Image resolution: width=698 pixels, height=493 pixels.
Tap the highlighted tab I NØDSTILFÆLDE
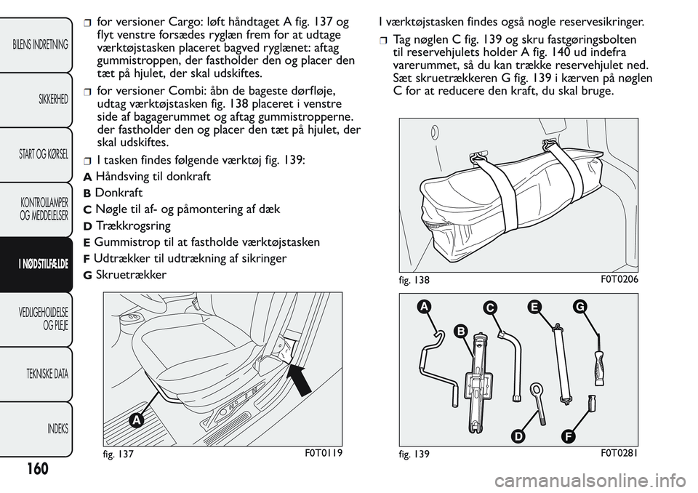[41, 264]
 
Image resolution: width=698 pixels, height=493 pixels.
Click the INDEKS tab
[55, 428]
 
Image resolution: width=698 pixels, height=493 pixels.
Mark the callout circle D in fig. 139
[518, 436]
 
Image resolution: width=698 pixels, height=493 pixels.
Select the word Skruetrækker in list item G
[131, 275]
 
